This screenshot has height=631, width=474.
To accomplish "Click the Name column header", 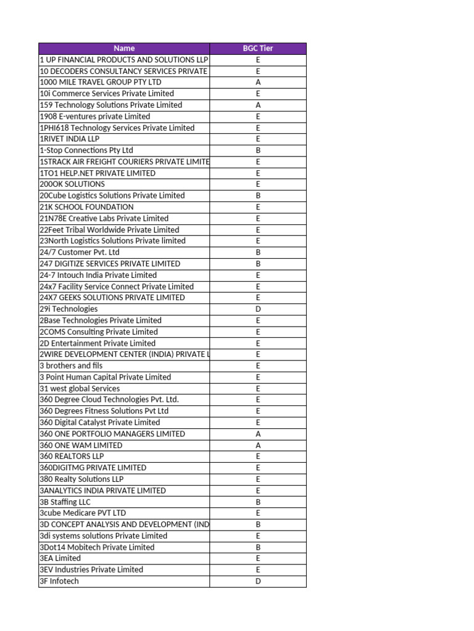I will click(124, 48).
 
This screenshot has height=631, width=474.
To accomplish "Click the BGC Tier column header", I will click(258, 48).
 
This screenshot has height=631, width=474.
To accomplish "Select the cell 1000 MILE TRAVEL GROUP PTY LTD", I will click(101, 82).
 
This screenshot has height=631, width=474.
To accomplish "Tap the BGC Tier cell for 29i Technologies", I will click(258, 309).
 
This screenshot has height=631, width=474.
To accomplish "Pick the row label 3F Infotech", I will click(59, 581).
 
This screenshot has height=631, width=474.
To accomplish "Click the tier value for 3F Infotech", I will click(258, 581).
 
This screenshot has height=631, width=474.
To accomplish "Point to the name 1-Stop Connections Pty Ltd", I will click(86, 150).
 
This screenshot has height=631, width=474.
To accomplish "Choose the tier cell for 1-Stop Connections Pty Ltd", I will click(258, 150).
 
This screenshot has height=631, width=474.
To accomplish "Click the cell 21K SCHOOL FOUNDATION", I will click(86, 207).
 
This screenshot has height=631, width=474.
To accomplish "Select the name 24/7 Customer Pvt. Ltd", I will click(80, 252).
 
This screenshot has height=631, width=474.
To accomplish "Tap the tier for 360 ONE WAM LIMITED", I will click(258, 445).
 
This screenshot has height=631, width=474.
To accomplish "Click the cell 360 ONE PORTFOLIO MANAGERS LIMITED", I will click(112, 434).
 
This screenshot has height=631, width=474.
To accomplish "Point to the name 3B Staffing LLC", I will click(65, 502).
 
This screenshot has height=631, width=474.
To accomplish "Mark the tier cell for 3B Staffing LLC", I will click(258, 502).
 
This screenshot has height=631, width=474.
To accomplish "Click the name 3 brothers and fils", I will click(71, 365).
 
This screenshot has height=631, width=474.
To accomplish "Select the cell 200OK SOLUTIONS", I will click(72, 184).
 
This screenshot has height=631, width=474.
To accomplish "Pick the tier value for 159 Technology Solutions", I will click(258, 105).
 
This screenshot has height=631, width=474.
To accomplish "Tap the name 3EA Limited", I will click(60, 558).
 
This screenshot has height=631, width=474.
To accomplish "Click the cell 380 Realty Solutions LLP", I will click(81, 479).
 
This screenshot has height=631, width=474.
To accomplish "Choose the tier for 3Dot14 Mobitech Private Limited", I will click(258, 547).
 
